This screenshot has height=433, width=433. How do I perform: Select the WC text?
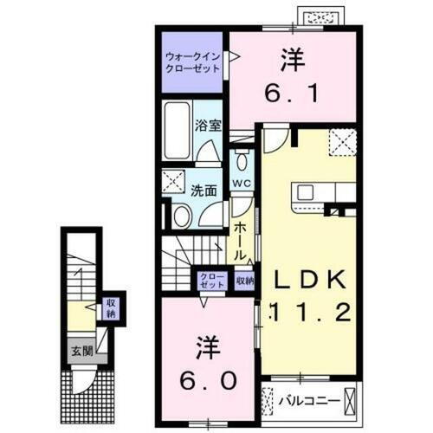(x=242, y=184)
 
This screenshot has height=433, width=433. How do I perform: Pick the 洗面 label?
(x=204, y=191)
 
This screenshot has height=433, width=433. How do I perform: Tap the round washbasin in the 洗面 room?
(x=182, y=216)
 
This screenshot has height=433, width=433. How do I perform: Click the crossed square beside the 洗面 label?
(x=172, y=183)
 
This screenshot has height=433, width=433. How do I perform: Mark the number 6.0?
(x=204, y=363)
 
